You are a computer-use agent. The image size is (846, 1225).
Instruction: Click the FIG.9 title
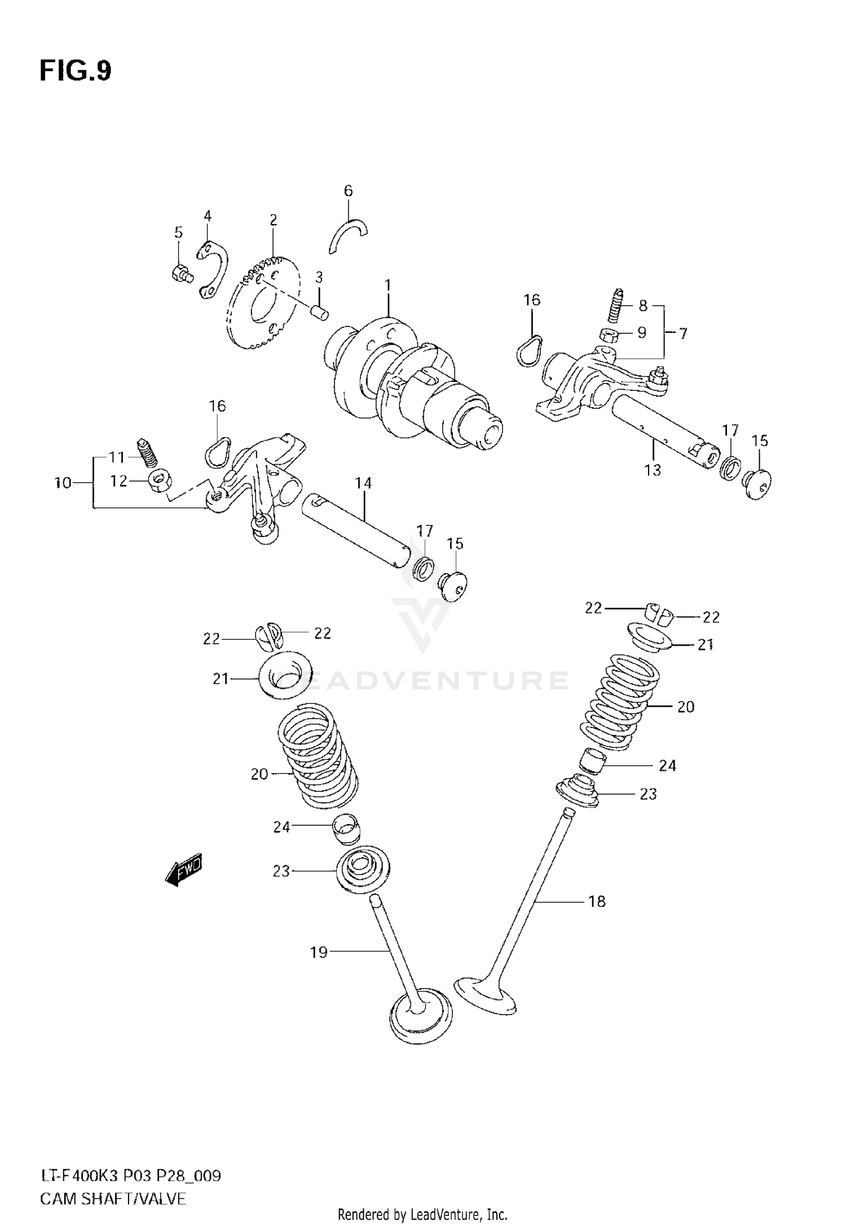[x=76, y=72]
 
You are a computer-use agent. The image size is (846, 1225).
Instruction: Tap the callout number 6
[x=348, y=191]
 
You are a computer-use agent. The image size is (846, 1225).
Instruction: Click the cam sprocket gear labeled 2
[x=262, y=304]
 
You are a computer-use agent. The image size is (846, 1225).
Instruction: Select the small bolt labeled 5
[x=181, y=274]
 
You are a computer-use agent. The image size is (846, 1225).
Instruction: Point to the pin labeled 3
[x=320, y=311]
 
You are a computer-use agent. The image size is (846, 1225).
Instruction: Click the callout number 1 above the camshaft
[x=388, y=285]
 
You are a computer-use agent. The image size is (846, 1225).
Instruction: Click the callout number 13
[x=653, y=470]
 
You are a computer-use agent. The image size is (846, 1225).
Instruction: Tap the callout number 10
[x=63, y=483]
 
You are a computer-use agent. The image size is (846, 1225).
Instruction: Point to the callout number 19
[x=319, y=953]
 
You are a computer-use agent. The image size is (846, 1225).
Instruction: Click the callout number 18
[x=597, y=902]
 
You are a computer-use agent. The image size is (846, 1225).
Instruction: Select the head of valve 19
[x=421, y=1018]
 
